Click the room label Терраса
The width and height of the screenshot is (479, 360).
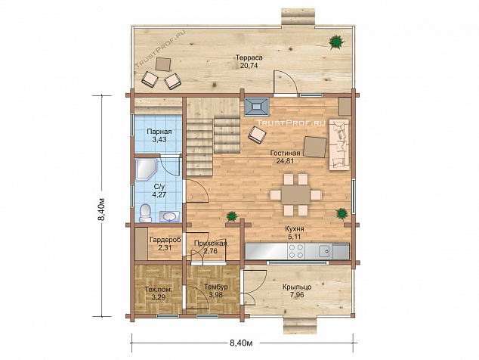pyautogui.click(x=249, y=57)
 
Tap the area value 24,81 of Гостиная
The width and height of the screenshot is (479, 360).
pyautogui.click(x=285, y=160)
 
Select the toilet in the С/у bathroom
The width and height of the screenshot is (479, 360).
pyautogui.click(x=145, y=213)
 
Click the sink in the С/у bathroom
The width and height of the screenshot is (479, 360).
pyautogui.click(x=169, y=216)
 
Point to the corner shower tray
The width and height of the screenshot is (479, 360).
pyautogui.click(x=146, y=169)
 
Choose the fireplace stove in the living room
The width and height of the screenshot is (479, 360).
pyautogui.click(x=257, y=107)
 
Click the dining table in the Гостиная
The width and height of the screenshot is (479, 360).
pyautogui.click(x=295, y=194)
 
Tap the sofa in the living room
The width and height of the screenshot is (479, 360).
pyautogui.click(x=339, y=144)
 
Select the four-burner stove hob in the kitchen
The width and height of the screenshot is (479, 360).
pyautogui.click(x=296, y=251)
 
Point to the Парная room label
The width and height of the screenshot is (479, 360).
pyautogui.click(x=159, y=132)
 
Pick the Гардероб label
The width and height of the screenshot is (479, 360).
pyautogui.click(x=165, y=240)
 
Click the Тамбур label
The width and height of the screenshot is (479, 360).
pyautogui.click(x=215, y=287)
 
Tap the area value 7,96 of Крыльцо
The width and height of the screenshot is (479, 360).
pyautogui.click(x=297, y=295)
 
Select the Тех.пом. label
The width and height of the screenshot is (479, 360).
pyautogui.click(x=158, y=290)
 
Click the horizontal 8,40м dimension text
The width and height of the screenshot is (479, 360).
pyautogui.click(x=241, y=343)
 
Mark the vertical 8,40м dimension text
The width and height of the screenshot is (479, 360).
pyautogui.click(x=104, y=209)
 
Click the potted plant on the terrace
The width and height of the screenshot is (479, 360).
pyautogui.click(x=337, y=42)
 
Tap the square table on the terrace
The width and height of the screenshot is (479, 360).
pyautogui.click(x=163, y=64)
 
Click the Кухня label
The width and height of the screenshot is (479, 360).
pyautogui.click(x=295, y=229)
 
